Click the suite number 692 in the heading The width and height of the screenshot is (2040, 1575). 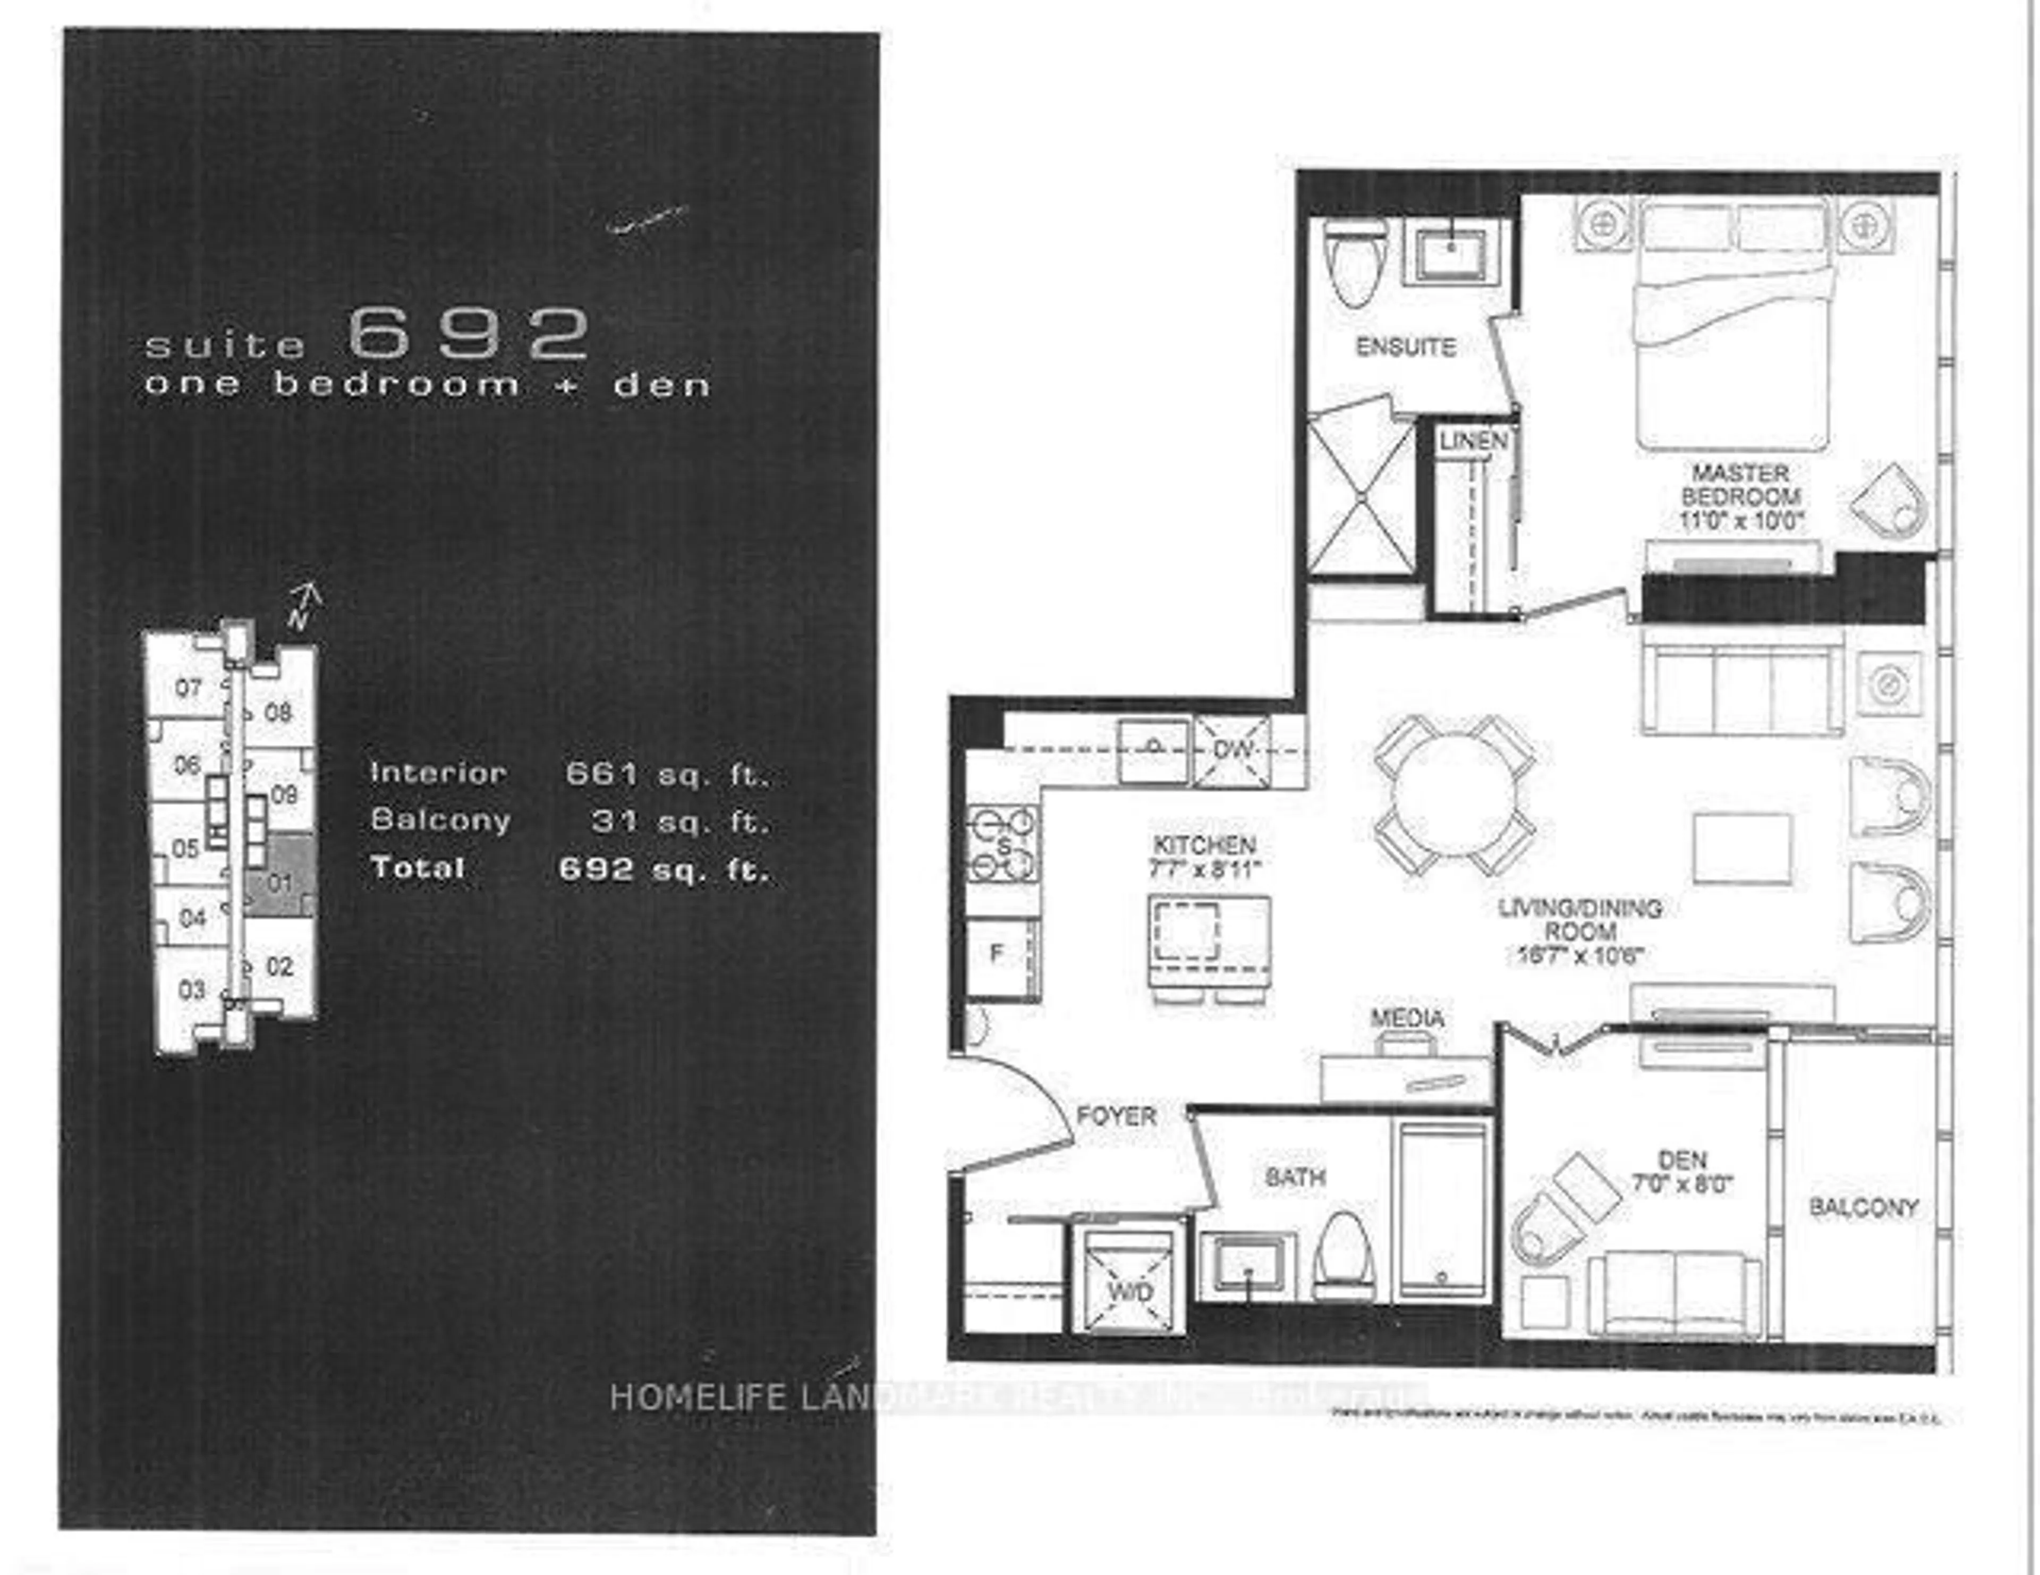tap(469, 334)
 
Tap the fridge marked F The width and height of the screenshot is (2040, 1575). tap(999, 955)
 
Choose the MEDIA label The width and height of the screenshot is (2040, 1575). tap(1407, 1018)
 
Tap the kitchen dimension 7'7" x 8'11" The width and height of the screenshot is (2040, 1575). tap(1205, 868)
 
